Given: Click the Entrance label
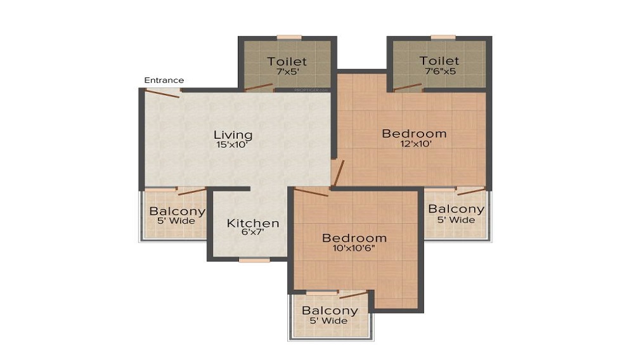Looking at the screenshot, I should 164,80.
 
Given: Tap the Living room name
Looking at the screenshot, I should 233,135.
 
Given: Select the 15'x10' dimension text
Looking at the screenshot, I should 233,145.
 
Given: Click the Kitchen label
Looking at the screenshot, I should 253,223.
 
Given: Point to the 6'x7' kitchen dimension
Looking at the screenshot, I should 253,233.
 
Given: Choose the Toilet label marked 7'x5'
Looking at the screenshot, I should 287,61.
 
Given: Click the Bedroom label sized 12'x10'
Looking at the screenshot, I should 414,134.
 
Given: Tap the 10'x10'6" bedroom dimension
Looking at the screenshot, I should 354,248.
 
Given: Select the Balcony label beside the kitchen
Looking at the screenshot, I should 177,212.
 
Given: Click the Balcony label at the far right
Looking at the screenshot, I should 456,209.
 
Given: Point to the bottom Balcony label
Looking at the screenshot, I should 329,311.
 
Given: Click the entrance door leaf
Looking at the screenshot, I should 162,93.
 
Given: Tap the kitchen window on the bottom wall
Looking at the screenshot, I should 254,260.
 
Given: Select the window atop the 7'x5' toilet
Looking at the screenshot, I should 289,37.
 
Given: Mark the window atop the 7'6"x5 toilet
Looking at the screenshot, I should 443,37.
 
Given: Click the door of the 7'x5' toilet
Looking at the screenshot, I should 260,87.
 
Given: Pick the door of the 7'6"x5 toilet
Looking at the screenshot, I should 408,87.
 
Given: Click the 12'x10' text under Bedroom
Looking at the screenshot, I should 414,145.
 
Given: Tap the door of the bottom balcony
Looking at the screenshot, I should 353,294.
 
